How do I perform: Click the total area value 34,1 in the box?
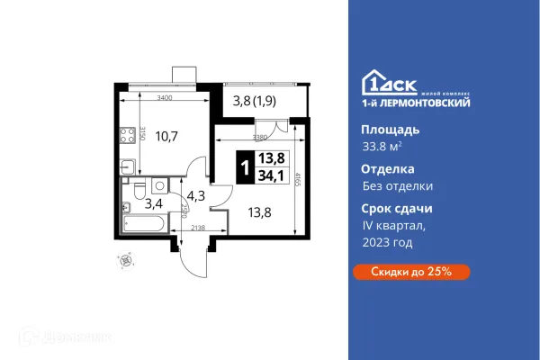click(269, 176)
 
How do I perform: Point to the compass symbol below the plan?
click(126, 260)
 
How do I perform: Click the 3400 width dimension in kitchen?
click(165, 96)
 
